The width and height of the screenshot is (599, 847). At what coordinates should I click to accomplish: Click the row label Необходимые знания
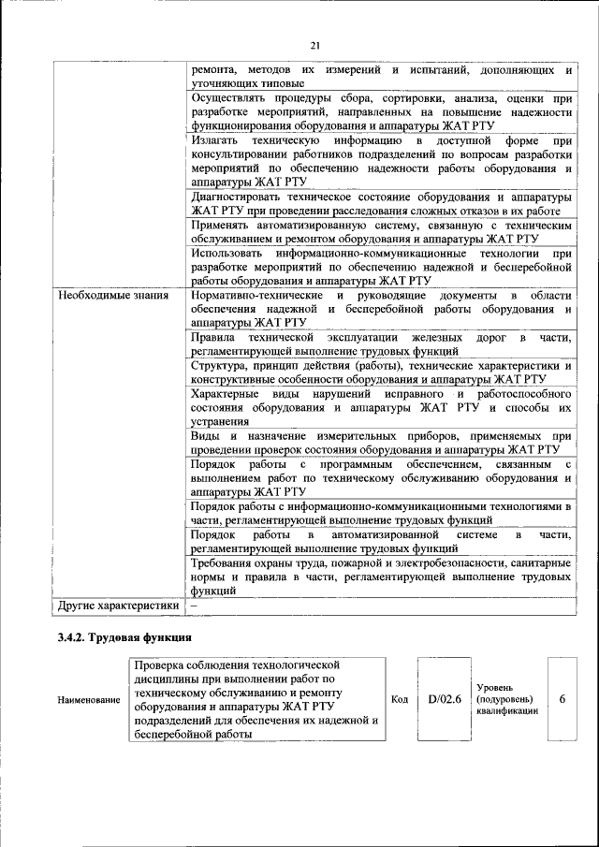coord(112,297)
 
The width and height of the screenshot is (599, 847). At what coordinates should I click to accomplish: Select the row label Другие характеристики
coord(119,606)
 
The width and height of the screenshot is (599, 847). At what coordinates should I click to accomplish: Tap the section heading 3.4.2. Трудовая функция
coord(124,639)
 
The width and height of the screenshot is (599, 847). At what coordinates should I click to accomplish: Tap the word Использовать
coord(228,254)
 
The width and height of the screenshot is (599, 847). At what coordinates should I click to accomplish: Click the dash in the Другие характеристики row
coord(194,606)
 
